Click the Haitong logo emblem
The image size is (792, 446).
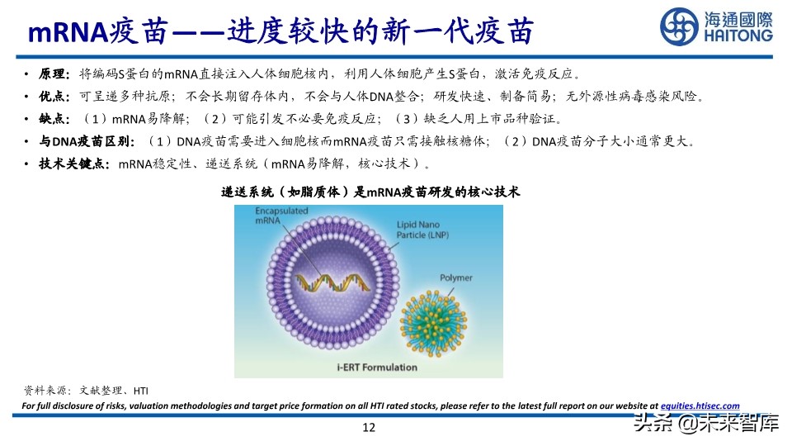(x=678, y=26)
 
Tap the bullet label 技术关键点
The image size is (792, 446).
(x=72, y=164)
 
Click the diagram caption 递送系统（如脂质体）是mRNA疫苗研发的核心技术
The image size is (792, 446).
(x=370, y=192)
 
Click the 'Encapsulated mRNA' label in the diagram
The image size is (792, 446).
(x=271, y=216)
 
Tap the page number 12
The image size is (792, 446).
(x=369, y=427)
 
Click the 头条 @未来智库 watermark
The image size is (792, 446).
(x=705, y=425)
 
